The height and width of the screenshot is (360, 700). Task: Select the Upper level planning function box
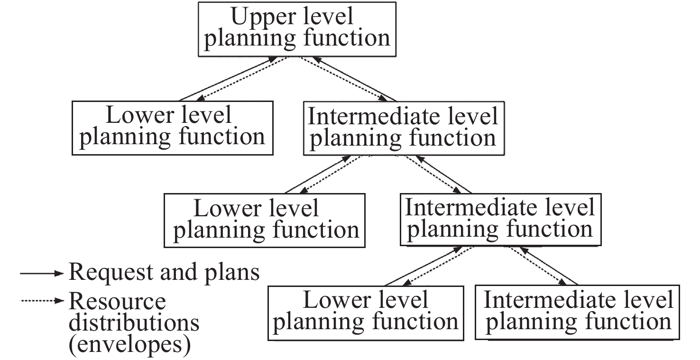click(x=297, y=29)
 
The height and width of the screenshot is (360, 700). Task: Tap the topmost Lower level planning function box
click(x=173, y=128)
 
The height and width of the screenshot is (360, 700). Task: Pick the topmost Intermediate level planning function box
click(x=404, y=128)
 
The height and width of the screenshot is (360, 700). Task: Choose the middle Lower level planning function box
click(x=264, y=221)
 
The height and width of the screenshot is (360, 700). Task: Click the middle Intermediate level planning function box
click(x=501, y=220)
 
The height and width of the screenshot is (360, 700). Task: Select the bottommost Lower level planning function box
click(x=366, y=313)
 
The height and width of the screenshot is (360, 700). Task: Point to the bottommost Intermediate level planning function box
click(x=577, y=312)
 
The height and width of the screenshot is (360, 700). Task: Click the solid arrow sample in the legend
click(x=42, y=273)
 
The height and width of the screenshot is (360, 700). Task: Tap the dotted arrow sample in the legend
click(x=42, y=301)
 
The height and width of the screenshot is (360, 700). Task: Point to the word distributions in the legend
click(x=134, y=323)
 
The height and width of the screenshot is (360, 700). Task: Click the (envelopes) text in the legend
click(x=129, y=345)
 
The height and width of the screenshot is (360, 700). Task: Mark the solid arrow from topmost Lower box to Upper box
click(x=228, y=79)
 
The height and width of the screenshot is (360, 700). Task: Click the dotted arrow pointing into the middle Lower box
click(x=330, y=175)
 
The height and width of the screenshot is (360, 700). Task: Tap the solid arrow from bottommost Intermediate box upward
click(x=548, y=266)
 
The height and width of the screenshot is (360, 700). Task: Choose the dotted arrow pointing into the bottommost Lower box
click(x=437, y=266)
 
